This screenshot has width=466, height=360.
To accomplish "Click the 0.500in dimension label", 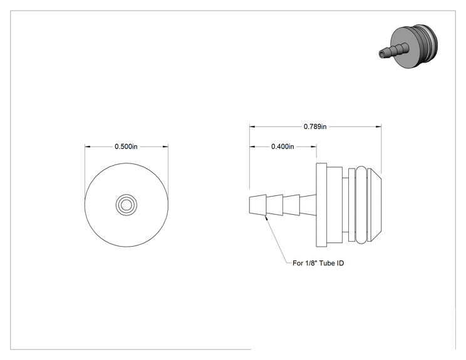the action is [126, 147].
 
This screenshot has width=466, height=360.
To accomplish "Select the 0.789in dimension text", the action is [315, 126].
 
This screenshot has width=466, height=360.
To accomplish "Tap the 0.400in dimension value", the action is [282, 147].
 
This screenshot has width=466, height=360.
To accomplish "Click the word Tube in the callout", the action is [327, 263].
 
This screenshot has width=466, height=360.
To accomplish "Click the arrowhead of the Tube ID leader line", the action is [266, 217].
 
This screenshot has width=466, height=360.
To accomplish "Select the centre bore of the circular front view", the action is [127, 205].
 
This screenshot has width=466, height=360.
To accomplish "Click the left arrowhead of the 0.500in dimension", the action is [88, 147].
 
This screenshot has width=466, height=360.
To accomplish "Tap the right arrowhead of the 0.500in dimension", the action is [165, 147].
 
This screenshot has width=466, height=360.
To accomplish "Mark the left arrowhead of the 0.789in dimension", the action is [252, 126].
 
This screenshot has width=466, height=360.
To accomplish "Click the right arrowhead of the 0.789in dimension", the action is [379, 126].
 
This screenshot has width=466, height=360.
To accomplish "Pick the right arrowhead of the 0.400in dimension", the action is [314, 147].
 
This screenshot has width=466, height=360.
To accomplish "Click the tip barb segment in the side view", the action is [257, 205].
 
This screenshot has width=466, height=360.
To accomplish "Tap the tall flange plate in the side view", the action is [321, 205].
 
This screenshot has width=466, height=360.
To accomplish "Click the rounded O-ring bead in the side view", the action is [361, 205].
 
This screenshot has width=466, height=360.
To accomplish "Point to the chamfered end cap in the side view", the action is [374, 205].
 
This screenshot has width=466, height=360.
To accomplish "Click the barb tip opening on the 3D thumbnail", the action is [382, 54].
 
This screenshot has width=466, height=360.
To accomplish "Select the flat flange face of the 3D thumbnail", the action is [404, 48].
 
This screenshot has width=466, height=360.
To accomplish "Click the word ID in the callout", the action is [340, 263].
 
